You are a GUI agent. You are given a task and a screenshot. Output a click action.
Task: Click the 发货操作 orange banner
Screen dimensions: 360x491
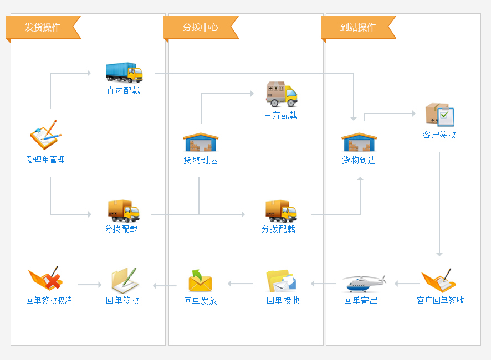(43, 28)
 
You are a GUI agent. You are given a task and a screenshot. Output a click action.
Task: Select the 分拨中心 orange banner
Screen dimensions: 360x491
(201, 28)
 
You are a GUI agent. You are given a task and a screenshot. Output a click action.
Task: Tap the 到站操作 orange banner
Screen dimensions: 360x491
(358, 28)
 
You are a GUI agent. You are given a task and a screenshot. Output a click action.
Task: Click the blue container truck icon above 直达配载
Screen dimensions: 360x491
(124, 73)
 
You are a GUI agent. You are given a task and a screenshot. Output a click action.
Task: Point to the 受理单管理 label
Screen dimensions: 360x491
(45, 160)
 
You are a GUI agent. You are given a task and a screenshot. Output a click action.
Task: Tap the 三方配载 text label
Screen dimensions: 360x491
(281, 116)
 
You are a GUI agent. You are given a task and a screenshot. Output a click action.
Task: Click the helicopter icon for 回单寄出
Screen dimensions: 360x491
(363, 283)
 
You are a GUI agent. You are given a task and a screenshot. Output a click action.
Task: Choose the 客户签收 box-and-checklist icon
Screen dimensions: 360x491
(440, 115)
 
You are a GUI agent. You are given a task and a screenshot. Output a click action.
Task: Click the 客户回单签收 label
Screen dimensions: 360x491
(441, 301)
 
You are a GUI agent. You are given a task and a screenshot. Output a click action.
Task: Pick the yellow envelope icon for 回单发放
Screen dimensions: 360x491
(200, 281)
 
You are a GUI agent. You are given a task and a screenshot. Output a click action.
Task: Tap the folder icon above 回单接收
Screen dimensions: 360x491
(281, 281)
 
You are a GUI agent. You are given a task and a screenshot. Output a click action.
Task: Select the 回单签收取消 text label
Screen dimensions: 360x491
(49, 301)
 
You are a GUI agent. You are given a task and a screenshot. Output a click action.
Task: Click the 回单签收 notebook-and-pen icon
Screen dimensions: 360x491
(124, 280)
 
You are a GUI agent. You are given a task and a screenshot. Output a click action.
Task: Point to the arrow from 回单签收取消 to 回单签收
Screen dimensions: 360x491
(90, 285)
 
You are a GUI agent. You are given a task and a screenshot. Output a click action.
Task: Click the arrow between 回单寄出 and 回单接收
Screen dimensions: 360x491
(324, 284)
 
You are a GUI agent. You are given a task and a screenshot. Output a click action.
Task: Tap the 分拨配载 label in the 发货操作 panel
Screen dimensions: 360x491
(121, 229)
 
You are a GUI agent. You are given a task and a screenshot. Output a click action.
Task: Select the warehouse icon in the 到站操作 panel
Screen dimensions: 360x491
(359, 142)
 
